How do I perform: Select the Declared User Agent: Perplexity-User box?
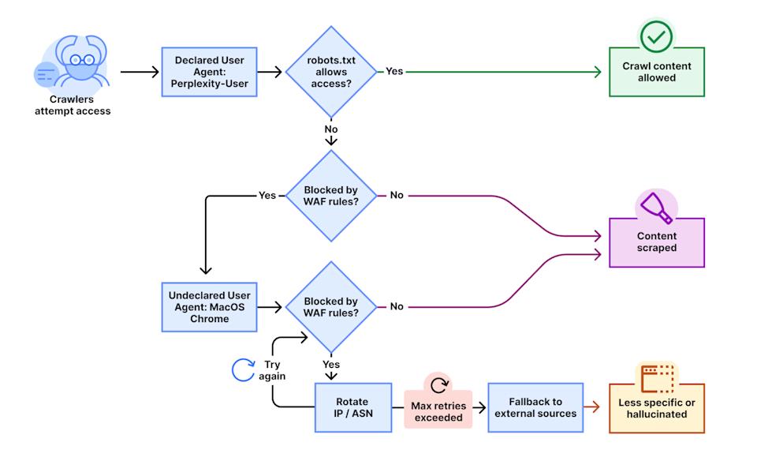tap(210, 72)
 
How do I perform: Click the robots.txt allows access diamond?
tap(331, 72)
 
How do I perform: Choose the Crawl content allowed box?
tap(656, 73)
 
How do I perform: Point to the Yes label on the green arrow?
tap(394, 72)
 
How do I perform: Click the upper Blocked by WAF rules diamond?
tap(331, 195)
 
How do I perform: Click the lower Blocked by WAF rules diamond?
tap(331, 307)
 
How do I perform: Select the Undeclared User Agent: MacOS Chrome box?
tap(210, 307)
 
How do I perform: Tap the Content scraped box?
tap(656, 242)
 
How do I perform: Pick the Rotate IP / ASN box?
tap(352, 408)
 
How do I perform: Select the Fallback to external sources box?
tap(535, 408)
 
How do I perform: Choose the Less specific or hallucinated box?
tap(656, 408)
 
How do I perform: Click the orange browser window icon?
tap(656, 378)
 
